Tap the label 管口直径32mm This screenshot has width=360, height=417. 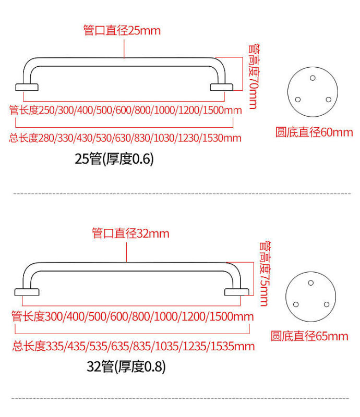(130, 233)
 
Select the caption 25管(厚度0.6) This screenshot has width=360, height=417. (114, 159)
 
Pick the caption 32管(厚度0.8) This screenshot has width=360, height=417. (126, 367)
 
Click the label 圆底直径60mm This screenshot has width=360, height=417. (314, 132)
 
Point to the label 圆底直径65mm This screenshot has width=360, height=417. (309, 336)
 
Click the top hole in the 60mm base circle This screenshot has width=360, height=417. (313, 78)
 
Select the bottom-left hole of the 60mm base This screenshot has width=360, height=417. (298, 100)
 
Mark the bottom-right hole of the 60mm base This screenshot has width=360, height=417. (328, 100)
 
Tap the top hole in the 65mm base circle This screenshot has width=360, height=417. (311, 283)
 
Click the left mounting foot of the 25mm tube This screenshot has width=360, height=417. (27, 87)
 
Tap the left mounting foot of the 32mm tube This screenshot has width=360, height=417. (27, 291)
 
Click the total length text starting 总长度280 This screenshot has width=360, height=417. (125, 138)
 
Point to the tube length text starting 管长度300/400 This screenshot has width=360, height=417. (132, 316)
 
